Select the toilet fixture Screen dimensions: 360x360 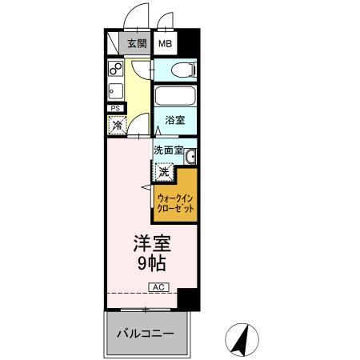pos(179,70)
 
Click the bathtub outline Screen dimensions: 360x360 pos(174,99)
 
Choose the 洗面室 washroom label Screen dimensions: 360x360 pos(169,150)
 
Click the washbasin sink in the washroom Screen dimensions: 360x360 pos(190,155)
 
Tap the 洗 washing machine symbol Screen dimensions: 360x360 pos(163,171)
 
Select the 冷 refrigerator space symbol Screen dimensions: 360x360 pos(117,125)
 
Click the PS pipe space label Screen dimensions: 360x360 pos(114,108)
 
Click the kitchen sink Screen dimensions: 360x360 pos(114,90)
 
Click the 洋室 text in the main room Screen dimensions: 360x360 pos(150,242)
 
